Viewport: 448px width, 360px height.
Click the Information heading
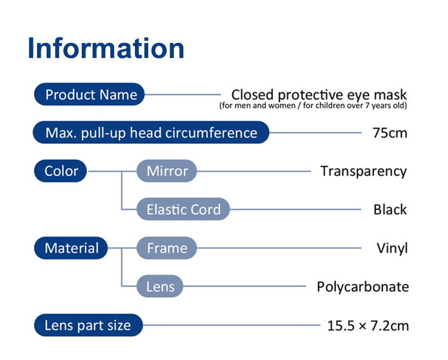pyautogui.click(x=106, y=48)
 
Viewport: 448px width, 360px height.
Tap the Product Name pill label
pyautogui.click(x=89, y=94)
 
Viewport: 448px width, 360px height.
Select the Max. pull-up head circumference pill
pyautogui.click(x=151, y=133)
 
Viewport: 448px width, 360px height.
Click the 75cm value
pyautogui.click(x=389, y=133)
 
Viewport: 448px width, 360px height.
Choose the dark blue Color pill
pyautogui.click(x=60, y=171)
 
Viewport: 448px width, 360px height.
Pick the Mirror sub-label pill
pyautogui.click(x=167, y=171)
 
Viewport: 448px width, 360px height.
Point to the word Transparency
pyautogui.click(x=363, y=172)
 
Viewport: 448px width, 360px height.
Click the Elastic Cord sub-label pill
pyautogui.click(x=183, y=210)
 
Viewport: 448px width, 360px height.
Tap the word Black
pyautogui.click(x=390, y=210)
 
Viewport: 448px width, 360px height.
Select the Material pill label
pyautogui.click(x=71, y=248)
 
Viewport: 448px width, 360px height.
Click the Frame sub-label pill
pyautogui.click(x=167, y=248)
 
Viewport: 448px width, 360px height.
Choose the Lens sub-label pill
pyautogui.click(x=160, y=286)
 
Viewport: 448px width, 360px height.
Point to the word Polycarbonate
pyautogui.click(x=363, y=287)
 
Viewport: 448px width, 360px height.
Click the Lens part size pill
pyautogui.click(x=88, y=325)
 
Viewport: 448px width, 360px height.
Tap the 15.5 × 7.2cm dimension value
pyautogui.click(x=368, y=326)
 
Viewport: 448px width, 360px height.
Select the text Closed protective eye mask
pyautogui.click(x=319, y=95)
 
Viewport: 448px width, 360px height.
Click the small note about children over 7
pyautogui.click(x=313, y=106)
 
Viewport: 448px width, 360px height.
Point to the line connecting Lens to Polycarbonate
pyautogui.click(x=244, y=286)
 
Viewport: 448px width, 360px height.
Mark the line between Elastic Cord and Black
pyautogui.click(x=296, y=210)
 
